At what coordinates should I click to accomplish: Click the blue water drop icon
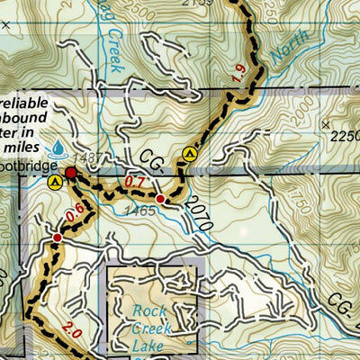[58, 146]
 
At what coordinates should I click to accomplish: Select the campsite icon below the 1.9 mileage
[189, 154]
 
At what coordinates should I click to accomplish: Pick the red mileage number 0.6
[74, 212]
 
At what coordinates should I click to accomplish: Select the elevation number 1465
[142, 211]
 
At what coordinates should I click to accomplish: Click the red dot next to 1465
[160, 199]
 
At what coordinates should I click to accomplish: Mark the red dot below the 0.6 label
[58, 238]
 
